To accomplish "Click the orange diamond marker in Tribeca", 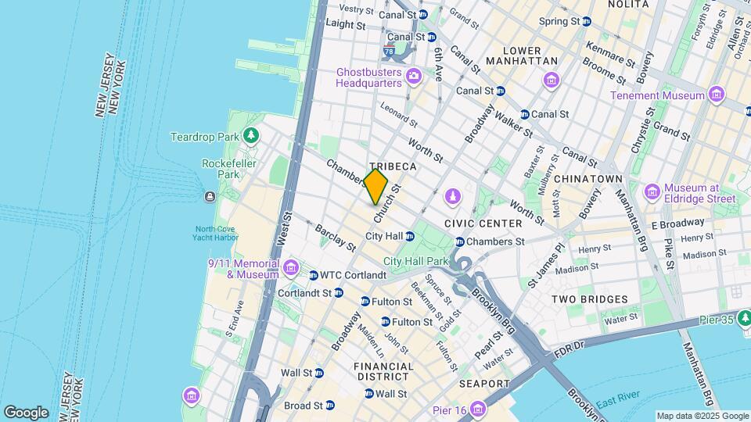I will pos(375,187).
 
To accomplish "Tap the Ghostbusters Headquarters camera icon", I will pos(413,77).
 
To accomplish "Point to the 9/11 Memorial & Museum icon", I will pos(290,269).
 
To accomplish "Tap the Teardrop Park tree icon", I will pos(251,137).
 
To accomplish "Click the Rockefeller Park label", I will pos(220,169).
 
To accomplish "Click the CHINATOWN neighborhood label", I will pos(588,179).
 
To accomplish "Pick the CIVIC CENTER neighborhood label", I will pos(483,224).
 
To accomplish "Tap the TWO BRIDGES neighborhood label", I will pos(589,299).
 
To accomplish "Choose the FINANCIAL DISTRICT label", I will pos(383,371).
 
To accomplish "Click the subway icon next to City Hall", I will pos(409,236).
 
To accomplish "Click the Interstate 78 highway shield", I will pos(389,52).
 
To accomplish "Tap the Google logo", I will pos(26,412).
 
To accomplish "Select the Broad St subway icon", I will pos(329,406).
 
